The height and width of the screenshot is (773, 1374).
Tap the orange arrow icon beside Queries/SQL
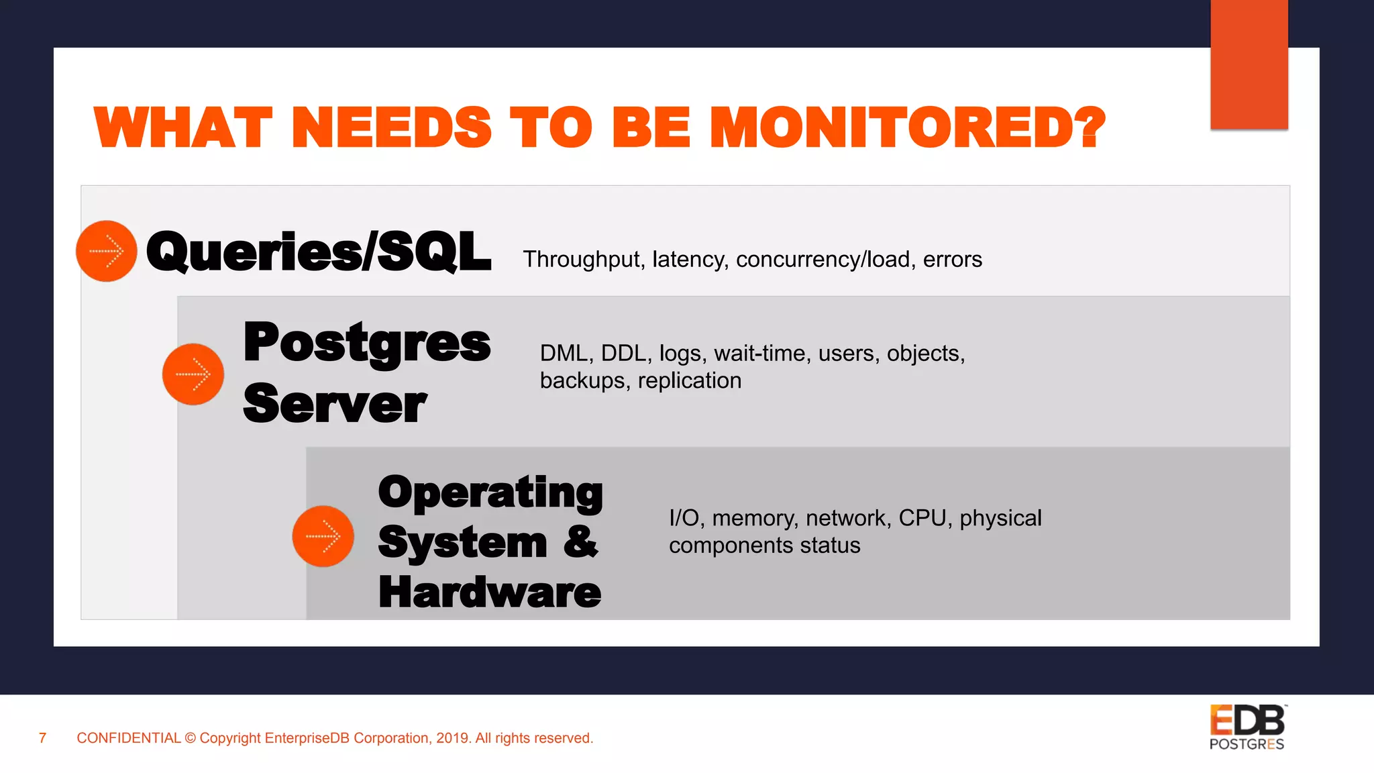tap(107, 252)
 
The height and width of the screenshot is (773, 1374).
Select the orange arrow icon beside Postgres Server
tap(193, 374)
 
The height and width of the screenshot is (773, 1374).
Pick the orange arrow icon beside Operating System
tap(323, 536)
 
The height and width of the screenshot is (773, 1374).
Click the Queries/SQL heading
tap(319, 252)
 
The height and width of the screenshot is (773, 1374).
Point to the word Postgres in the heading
tap(367, 343)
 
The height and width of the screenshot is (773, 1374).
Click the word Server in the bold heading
tap(335, 404)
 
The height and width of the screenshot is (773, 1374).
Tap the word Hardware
tap(490, 592)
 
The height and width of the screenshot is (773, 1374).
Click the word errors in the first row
tap(952, 260)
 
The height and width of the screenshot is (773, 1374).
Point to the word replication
tap(689, 380)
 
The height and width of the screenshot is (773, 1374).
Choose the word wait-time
tap(759, 353)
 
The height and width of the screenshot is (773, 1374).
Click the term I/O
tap(684, 518)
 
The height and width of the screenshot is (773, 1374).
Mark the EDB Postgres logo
tap(1247, 727)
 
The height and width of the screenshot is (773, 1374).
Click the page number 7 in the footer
tap(43, 738)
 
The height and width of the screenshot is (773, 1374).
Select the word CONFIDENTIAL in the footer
tap(129, 738)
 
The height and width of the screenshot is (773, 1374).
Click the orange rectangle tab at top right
tap(1249, 64)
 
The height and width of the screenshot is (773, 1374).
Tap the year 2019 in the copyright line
tap(453, 738)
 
